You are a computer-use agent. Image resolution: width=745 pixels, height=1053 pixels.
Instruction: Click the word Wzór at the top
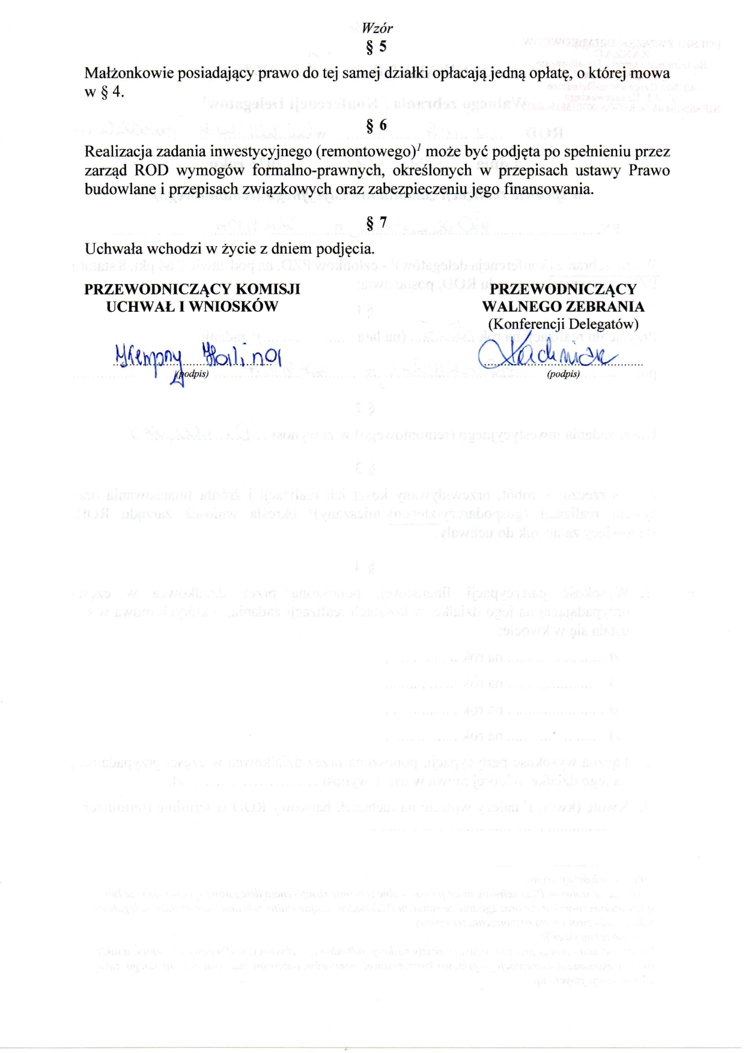377,28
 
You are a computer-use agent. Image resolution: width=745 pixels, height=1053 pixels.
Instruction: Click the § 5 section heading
377,47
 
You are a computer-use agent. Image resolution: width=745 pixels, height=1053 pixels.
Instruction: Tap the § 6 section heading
377,125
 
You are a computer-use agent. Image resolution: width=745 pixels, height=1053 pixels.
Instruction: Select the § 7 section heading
377,223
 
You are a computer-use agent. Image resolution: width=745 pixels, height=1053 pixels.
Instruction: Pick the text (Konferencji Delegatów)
563,324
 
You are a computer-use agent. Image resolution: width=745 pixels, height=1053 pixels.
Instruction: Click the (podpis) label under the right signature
563,374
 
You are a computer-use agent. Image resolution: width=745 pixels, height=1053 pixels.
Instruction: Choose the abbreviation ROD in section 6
152,170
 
